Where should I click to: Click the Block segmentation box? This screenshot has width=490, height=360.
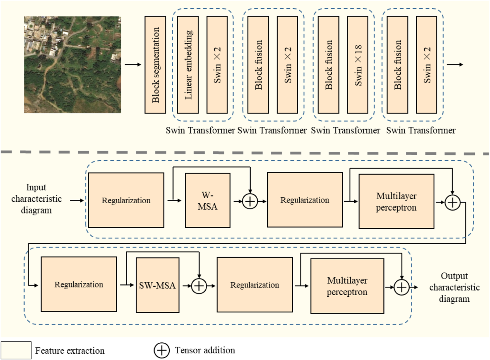pos(155,65)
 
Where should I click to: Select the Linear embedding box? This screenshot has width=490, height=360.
pos(188,65)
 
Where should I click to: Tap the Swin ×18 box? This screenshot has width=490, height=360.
pos(357,65)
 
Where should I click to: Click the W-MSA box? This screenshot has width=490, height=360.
pos(208,200)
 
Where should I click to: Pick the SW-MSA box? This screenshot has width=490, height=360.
pos(157,285)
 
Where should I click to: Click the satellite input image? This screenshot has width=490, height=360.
pos(73,65)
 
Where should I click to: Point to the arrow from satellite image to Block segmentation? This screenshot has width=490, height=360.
pos(133,65)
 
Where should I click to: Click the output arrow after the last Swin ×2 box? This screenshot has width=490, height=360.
pos(455,65)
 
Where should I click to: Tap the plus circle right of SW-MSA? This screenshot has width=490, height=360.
pos(199,286)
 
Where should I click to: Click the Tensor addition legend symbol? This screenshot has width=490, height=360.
pos(162,351)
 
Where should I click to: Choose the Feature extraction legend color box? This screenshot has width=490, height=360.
pos(16,351)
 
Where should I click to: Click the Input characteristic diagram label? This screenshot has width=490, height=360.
pos(36,199)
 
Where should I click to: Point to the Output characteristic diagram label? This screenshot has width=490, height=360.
pos(454,287)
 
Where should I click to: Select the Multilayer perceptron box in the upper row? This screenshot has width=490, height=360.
pos(396,201)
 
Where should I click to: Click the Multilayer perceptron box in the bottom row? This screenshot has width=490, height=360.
pos(347,286)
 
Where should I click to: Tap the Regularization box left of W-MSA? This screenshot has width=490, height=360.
pos(126,200)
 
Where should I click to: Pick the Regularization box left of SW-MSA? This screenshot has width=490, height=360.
pos(79,284)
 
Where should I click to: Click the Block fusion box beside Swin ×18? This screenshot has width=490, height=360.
pos(328,65)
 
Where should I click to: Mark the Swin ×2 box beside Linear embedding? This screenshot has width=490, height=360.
pos(217,65)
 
